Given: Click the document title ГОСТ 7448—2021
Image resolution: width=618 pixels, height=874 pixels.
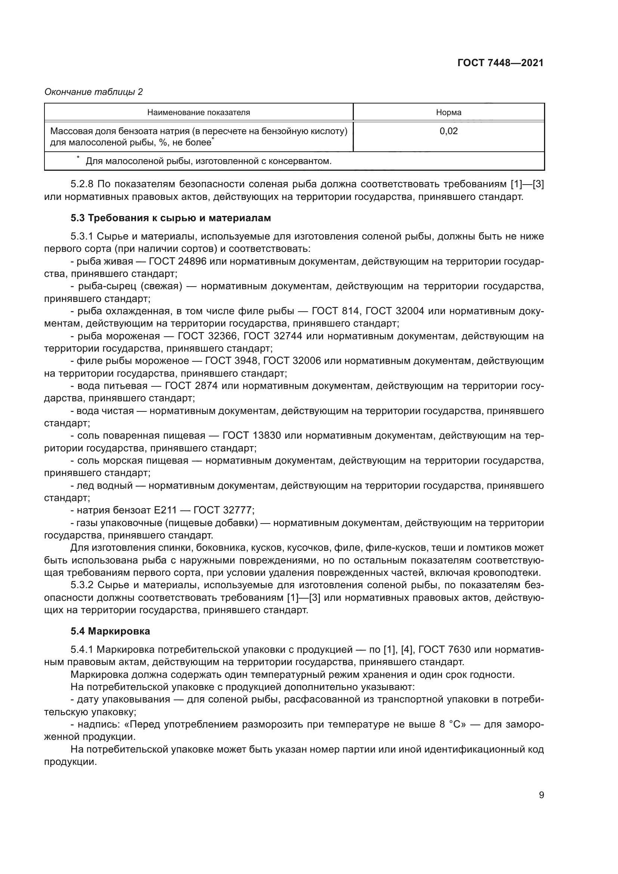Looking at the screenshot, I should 500,63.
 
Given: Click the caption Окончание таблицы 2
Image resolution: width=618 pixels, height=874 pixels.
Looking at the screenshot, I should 94,92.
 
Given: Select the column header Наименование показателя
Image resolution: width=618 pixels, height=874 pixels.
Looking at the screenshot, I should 198,112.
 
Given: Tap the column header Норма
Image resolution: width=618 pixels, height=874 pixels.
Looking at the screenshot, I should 448,112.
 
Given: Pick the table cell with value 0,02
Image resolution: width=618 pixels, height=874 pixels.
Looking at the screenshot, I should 448,131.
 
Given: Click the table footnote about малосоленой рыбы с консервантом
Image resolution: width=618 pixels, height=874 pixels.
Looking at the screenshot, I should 208,161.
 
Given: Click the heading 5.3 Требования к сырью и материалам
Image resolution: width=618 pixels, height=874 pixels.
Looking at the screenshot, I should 170,218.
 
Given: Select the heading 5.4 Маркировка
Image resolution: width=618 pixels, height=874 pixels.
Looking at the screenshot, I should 110,631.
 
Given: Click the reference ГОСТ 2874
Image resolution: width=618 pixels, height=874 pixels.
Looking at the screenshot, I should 191,386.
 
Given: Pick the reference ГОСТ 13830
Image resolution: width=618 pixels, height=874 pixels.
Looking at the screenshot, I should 251,435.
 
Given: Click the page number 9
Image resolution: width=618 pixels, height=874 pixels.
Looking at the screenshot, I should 541,795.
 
